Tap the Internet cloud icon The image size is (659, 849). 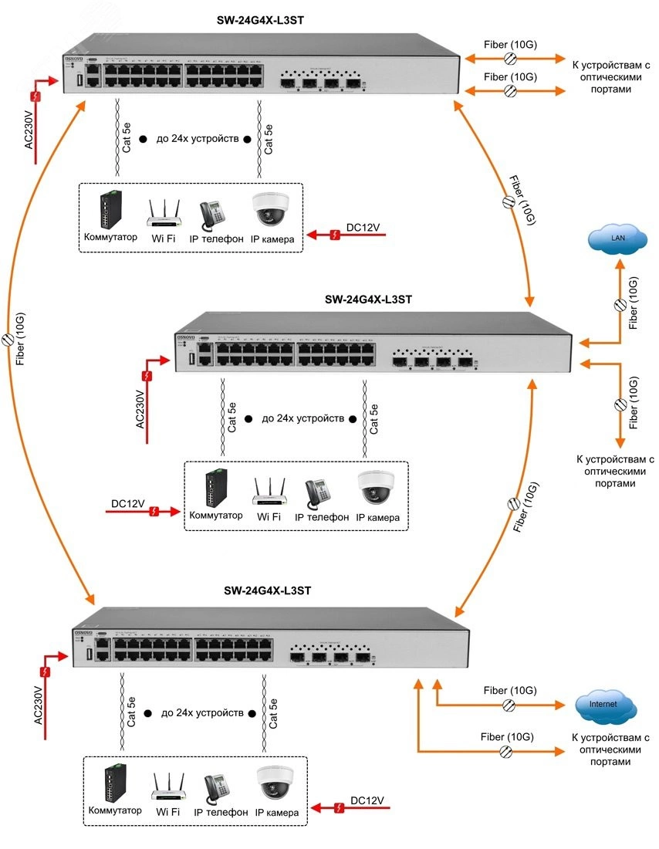click(x=605, y=705)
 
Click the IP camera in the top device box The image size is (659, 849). click(x=269, y=209)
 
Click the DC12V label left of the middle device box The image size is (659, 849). click(x=128, y=504)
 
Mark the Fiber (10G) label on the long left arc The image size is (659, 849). click(x=21, y=340)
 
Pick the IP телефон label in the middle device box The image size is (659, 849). click(x=322, y=517)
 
